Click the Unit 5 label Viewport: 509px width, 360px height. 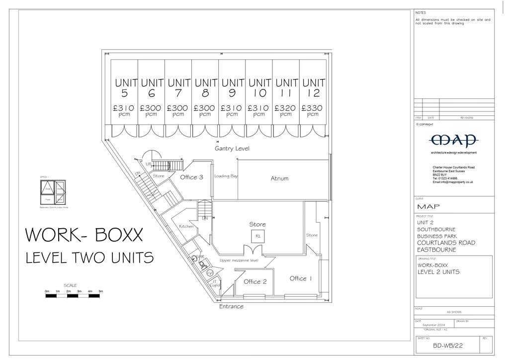tap(124, 88)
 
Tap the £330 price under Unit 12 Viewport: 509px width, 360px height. tap(313, 108)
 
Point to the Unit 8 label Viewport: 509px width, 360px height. tap(205, 88)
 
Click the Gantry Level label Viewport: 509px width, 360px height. tap(232, 149)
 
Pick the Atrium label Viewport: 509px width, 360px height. tap(279, 178)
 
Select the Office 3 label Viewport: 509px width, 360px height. tap(191, 177)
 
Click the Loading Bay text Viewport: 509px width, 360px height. tap(226, 176)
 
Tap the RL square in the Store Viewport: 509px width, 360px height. tap(258, 237)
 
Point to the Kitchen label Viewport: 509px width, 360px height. tap(186, 227)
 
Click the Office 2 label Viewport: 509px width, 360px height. tap(255, 281)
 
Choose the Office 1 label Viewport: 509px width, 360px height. tap(301, 278)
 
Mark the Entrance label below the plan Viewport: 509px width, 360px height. tap(232, 306)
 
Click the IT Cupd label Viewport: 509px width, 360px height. tap(215, 284)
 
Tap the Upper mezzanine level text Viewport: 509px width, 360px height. tap(240, 261)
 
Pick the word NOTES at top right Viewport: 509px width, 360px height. tap(421, 12)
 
